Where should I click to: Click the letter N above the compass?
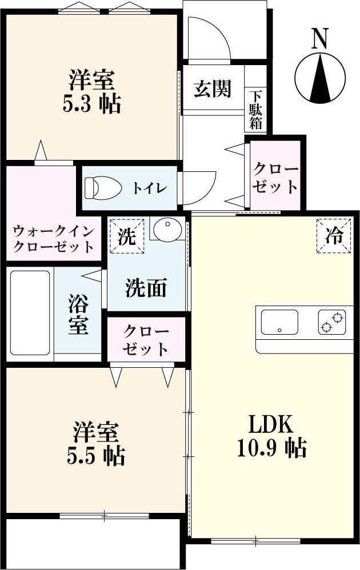point(320,38)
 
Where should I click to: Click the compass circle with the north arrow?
point(321,79)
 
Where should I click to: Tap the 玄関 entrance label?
point(212,89)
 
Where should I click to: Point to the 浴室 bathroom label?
point(78,314)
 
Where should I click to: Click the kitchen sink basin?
point(279,322)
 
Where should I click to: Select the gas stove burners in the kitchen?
point(333,322)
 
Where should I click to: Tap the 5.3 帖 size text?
point(91,104)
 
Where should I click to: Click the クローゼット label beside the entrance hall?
point(275,179)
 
